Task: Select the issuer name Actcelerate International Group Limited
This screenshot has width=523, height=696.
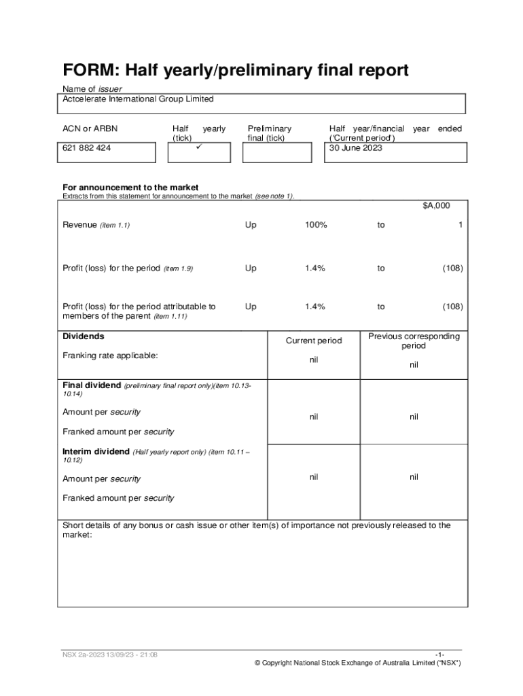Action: pyautogui.click(x=138, y=99)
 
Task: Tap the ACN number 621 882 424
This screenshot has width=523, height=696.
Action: pyautogui.click(x=87, y=148)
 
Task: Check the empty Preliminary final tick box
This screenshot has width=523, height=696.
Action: pyautogui.click(x=276, y=152)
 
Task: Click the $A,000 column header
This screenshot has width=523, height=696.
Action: pyautogui.click(x=436, y=205)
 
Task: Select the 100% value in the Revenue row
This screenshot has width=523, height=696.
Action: pyautogui.click(x=315, y=225)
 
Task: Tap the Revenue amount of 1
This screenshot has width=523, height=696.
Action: pyautogui.click(x=461, y=225)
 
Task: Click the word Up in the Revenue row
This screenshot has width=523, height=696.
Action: pyautogui.click(x=251, y=225)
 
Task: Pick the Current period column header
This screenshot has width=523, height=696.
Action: pyautogui.click(x=314, y=341)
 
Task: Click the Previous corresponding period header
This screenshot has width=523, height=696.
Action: pyautogui.click(x=414, y=341)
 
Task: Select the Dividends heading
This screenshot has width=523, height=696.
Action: pyautogui.click(x=84, y=336)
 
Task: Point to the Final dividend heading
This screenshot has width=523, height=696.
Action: pyautogui.click(x=92, y=385)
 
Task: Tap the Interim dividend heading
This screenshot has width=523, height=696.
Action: pyautogui.click(x=96, y=451)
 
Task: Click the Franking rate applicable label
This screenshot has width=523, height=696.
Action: pyautogui.click(x=110, y=355)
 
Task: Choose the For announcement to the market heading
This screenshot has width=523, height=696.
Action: pyautogui.click(x=130, y=188)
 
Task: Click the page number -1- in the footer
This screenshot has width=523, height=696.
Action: pyautogui.click(x=440, y=655)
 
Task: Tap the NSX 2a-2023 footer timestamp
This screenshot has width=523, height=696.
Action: pyautogui.click(x=110, y=655)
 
